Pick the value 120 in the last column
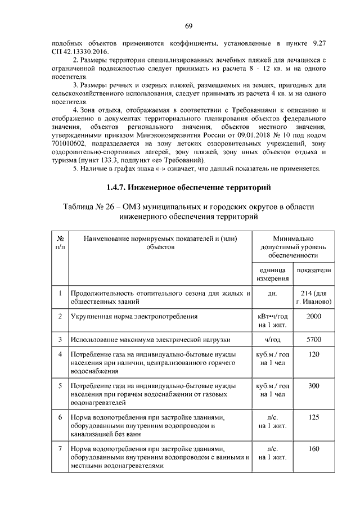coord(314,354)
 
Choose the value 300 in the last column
coord(314,386)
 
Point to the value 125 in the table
coord(314,418)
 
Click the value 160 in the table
coord(314,449)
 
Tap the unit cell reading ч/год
coord(273,340)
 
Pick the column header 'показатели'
coord(314,270)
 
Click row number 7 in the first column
coord(60,449)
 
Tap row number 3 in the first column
coord(60,340)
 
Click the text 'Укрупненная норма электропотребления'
coord(134,317)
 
